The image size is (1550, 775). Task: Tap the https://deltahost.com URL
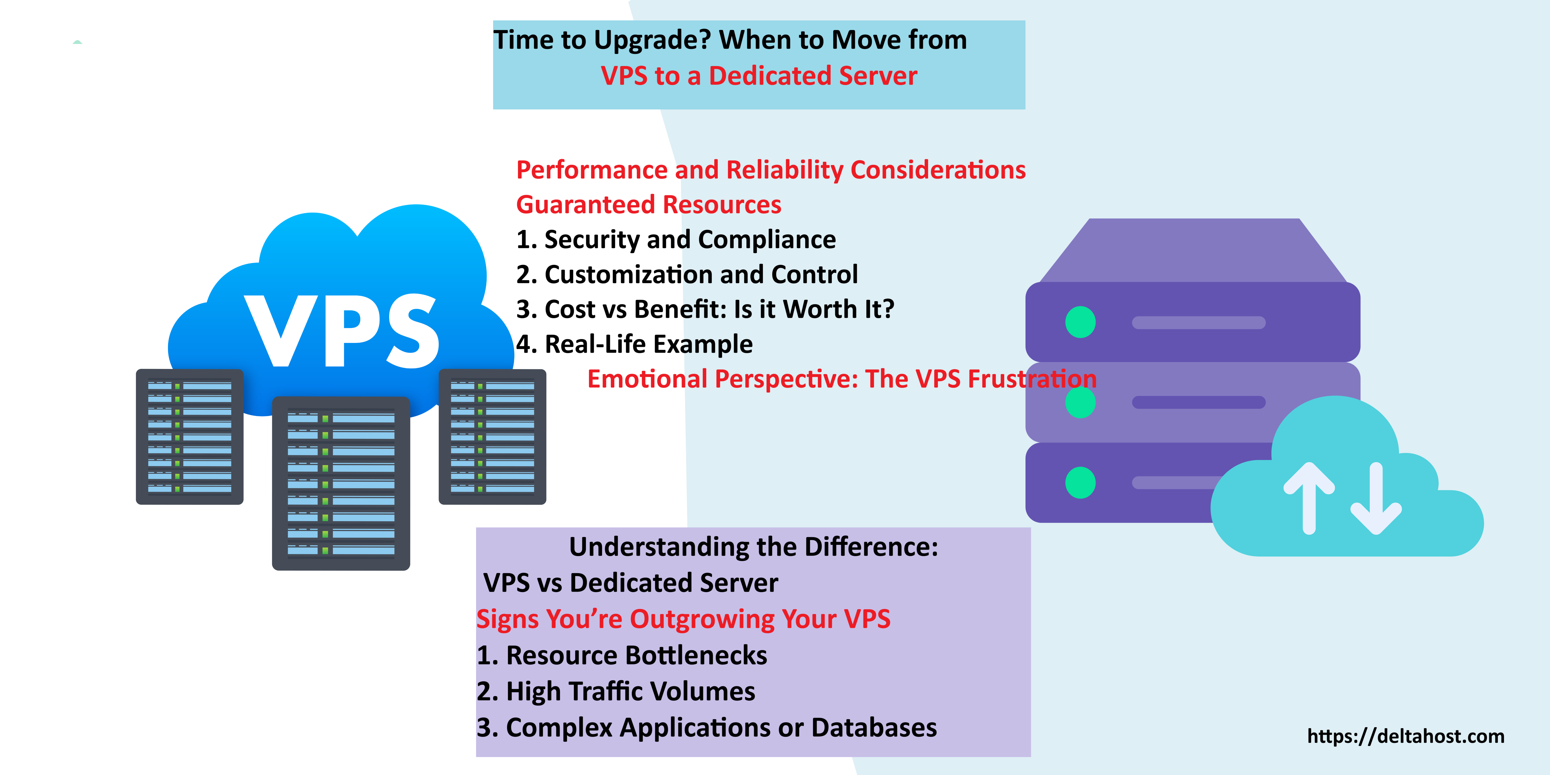tap(1406, 736)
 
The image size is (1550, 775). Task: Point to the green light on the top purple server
tap(1080, 322)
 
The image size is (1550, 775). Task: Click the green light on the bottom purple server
tap(1080, 483)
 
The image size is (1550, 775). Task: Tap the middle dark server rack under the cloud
tap(341, 483)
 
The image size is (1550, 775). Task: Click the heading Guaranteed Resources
tap(649, 205)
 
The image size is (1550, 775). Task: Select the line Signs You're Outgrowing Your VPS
tap(683, 619)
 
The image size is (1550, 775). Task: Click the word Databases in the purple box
tap(874, 727)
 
